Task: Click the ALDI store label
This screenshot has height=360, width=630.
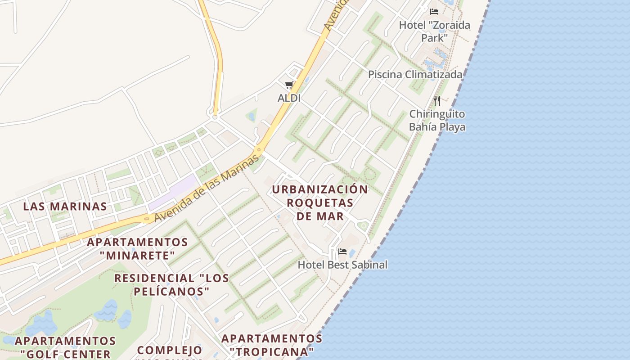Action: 289,98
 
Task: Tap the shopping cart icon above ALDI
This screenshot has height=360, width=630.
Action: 289,85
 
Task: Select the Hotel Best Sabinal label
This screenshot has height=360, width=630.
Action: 342,265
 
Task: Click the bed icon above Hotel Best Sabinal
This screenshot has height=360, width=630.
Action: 342,251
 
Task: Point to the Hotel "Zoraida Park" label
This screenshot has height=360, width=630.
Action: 434,31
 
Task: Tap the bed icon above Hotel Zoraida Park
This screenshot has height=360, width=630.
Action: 434,12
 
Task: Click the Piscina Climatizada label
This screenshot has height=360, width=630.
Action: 415,74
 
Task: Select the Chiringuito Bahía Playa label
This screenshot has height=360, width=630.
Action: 437,120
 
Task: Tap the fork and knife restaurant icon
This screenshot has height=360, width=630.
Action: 437,100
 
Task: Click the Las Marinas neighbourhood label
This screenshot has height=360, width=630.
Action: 65,207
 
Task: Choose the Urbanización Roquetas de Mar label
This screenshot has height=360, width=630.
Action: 320,202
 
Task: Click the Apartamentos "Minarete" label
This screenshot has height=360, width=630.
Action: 137,248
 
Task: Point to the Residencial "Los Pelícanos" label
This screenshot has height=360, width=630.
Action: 171,284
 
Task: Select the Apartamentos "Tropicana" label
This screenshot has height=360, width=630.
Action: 272,344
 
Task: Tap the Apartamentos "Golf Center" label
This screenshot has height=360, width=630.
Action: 65,347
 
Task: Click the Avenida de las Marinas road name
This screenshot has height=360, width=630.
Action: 207,188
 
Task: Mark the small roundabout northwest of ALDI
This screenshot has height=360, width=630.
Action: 215,117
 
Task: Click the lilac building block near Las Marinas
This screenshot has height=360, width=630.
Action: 173,192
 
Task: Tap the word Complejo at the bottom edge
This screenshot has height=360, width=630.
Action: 170,350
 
